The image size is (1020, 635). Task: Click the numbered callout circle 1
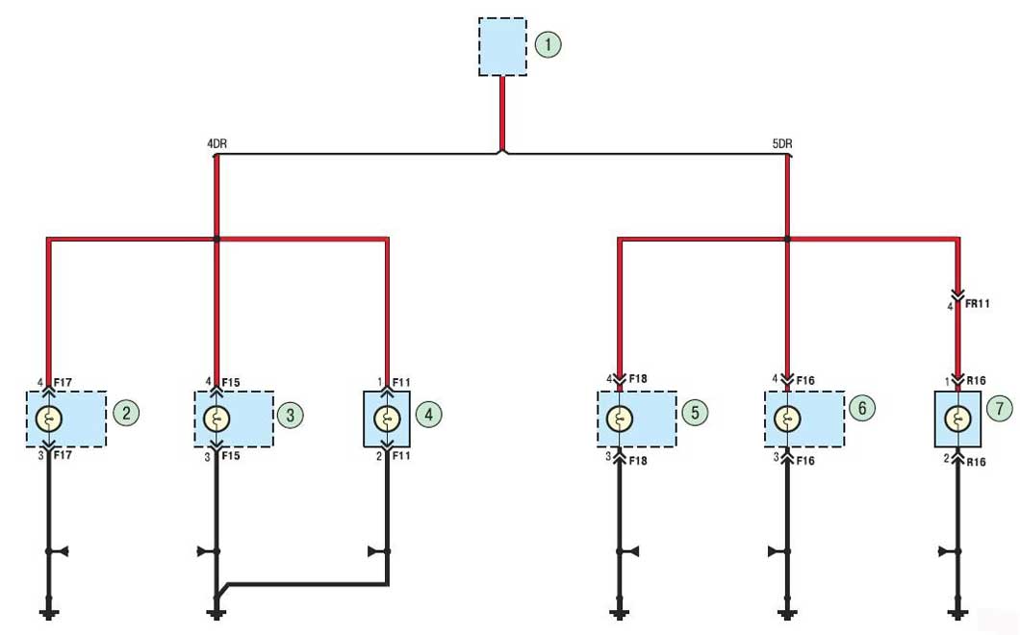pos(548,44)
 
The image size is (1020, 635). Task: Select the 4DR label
pos(217,143)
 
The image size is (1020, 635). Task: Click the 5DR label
pos(782,143)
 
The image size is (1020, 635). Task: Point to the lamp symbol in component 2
pos(49,419)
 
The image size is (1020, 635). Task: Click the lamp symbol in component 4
pos(387,419)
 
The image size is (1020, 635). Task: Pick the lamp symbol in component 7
pos(957,419)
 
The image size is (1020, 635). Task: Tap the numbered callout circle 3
pos(291,415)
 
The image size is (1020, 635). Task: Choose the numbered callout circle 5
pos(696,412)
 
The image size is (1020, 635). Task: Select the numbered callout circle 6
pos(862,408)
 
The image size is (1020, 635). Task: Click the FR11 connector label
pos(978,304)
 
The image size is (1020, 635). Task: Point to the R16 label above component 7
pos(976,381)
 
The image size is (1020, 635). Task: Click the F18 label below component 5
pos(638,461)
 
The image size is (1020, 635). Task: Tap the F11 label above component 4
pos(401,382)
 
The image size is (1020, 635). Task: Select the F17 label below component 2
pos(63,455)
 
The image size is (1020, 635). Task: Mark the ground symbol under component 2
pos(49,613)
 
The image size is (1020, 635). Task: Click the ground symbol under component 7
pos(957,613)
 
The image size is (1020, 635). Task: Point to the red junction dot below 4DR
pos(217,239)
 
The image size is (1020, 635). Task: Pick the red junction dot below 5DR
pos(787,239)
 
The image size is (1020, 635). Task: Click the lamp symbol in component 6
pos(787,419)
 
